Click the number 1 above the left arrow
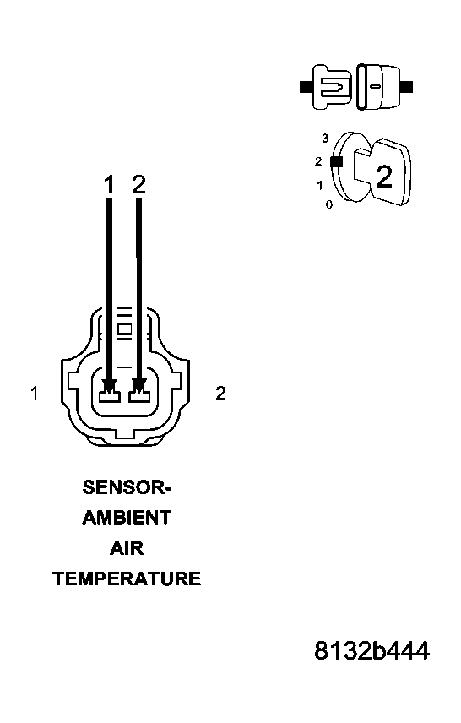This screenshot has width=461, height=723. pos(108,184)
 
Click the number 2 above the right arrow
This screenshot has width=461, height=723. pos(139,184)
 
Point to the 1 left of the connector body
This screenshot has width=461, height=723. pos(34,394)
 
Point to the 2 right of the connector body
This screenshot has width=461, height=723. pos(220,394)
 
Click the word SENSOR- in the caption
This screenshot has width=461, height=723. pos(127,487)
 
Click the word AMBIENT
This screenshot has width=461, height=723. pos(127,518)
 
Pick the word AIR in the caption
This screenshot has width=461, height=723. pos(127,548)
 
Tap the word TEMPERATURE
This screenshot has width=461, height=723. pos(127,579)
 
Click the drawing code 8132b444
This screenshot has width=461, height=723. pos(372,651)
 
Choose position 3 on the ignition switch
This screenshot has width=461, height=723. pos(325,138)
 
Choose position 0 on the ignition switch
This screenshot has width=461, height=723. pos(328,204)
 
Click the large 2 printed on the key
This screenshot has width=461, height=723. pos(383,177)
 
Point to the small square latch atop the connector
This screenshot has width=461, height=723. pos(124,329)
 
